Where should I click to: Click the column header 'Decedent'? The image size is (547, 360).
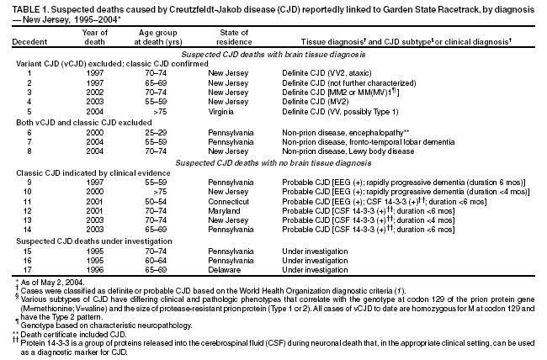coord(29,42)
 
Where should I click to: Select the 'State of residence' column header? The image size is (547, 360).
coord(230,37)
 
